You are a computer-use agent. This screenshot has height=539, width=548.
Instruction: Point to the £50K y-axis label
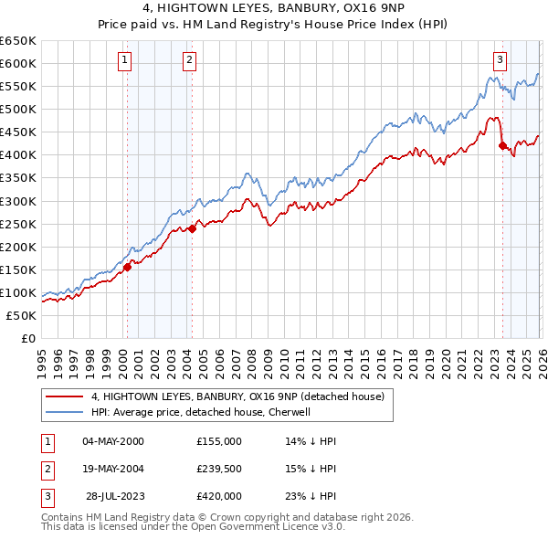pos(21,315)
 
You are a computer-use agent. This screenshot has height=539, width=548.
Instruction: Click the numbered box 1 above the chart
pos(124,61)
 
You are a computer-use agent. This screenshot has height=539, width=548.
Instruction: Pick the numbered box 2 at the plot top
pos(189,61)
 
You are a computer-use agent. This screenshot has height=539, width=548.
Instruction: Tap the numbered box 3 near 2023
pos(501,61)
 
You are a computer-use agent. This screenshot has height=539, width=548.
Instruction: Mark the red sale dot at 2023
pos(502,145)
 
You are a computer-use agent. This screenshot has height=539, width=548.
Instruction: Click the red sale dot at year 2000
pos(128,267)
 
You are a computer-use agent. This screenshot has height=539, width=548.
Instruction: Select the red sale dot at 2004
pos(193,228)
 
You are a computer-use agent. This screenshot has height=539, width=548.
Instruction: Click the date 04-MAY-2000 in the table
pos(113,440)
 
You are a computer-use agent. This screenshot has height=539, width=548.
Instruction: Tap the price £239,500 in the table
pos(219,469)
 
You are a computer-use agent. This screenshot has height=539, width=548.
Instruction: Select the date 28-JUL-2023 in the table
pos(116,497)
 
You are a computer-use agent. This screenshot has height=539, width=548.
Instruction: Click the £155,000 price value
pos(219,440)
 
